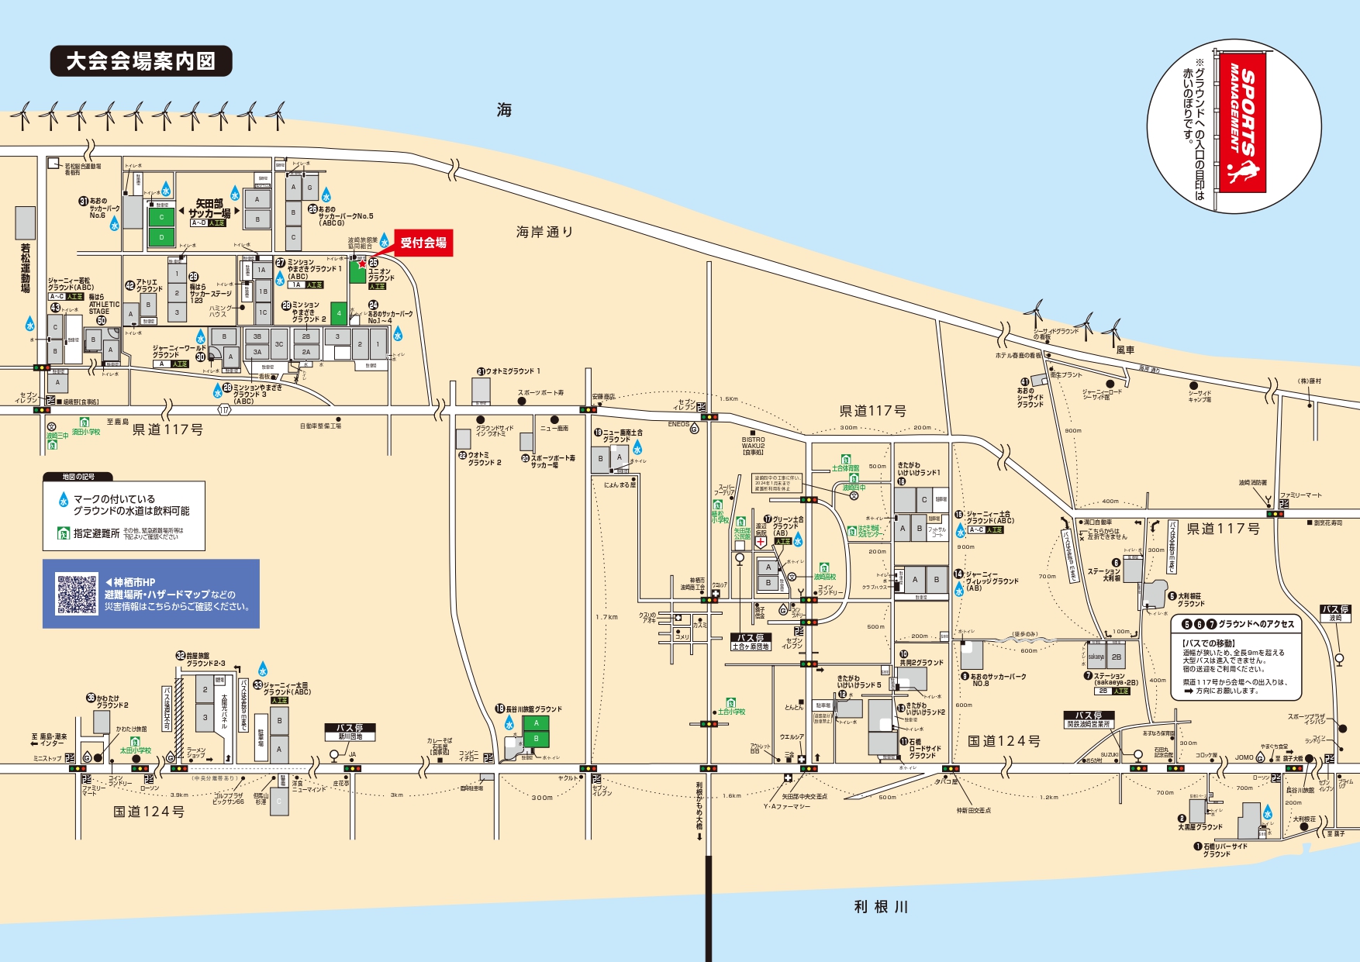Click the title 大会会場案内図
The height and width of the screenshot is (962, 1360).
[141, 61]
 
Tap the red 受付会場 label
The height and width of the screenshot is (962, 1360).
[423, 243]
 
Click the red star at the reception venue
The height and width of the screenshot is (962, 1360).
[362, 264]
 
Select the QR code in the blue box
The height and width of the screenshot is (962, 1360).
[77, 594]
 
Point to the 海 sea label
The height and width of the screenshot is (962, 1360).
[504, 110]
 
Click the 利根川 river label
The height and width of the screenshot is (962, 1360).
[881, 906]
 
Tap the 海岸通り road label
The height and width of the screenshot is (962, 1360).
[545, 232]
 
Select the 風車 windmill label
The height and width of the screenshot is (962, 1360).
[1125, 350]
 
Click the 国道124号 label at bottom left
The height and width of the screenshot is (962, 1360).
[149, 812]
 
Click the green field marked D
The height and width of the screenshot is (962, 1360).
[161, 237]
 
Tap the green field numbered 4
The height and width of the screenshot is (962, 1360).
[339, 313]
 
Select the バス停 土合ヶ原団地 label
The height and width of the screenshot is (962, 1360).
[751, 642]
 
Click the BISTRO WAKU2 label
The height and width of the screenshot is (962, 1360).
[753, 446]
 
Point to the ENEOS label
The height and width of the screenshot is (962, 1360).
[678, 425]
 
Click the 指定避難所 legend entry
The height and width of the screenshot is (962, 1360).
[97, 533]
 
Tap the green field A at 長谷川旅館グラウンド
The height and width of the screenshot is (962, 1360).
[536, 723]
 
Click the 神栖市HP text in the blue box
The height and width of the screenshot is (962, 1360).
[134, 582]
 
